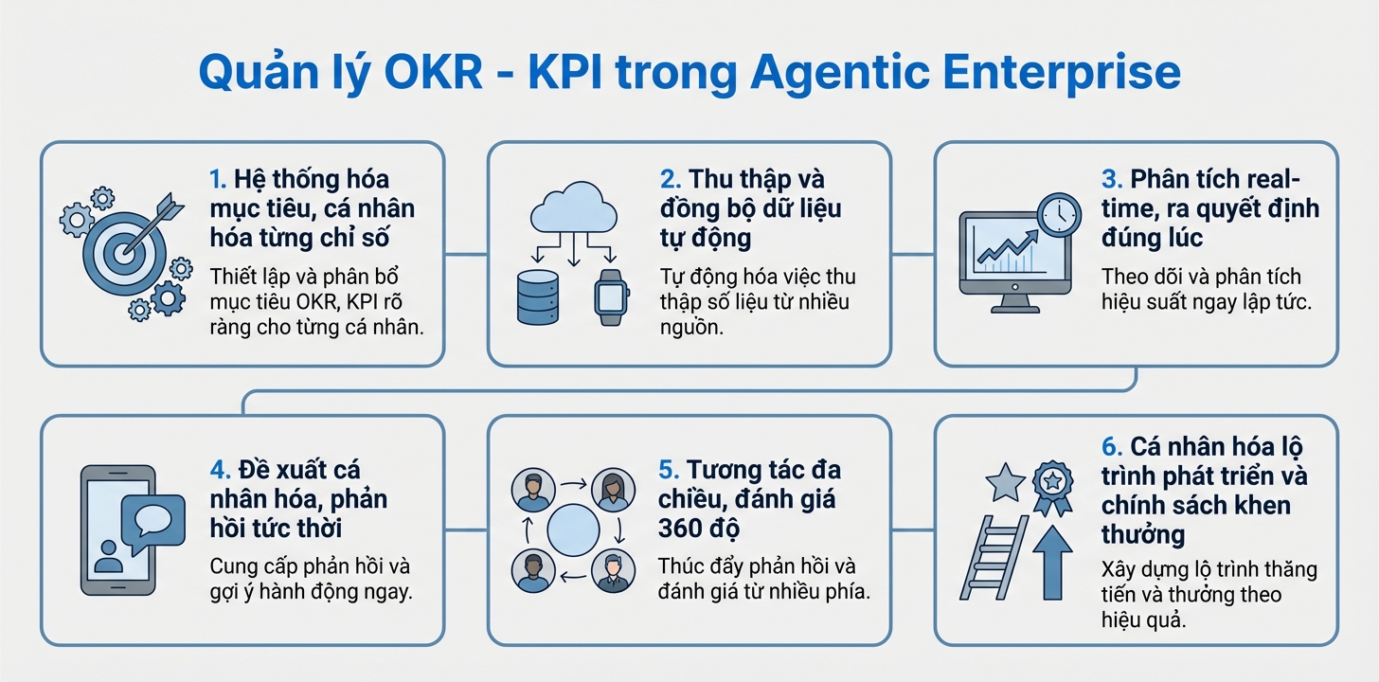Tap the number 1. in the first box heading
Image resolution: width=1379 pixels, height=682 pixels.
[219, 180]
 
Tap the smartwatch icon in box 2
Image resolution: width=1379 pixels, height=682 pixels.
[612, 296]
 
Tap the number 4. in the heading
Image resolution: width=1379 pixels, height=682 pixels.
[220, 471]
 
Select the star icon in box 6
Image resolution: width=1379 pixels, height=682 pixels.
[1005, 484]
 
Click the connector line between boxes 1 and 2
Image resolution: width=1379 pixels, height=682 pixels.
[466, 254]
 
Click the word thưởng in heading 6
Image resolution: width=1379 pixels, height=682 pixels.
[1142, 533]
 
